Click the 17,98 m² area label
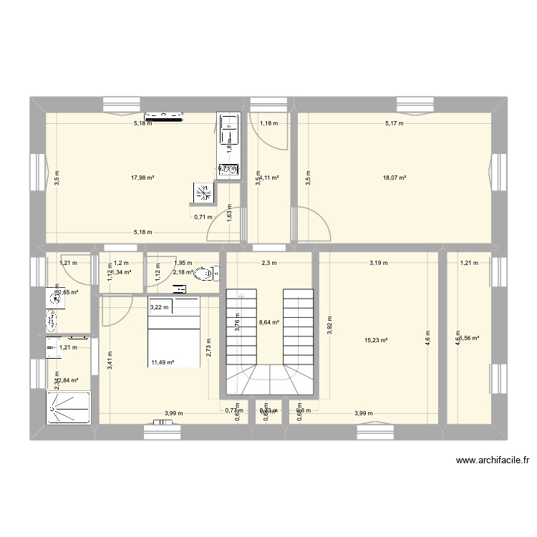[x=142, y=178]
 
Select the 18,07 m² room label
[x=395, y=178]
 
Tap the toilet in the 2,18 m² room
[x=205, y=273]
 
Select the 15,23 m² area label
[x=376, y=341]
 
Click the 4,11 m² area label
[x=269, y=178]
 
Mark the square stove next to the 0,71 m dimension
[x=203, y=192]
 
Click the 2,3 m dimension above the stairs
[x=268, y=263]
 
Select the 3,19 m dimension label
[x=378, y=263]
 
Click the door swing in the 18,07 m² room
[x=314, y=223]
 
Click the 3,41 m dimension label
[x=110, y=358]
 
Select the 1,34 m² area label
[x=120, y=272]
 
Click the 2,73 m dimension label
[x=208, y=346]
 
